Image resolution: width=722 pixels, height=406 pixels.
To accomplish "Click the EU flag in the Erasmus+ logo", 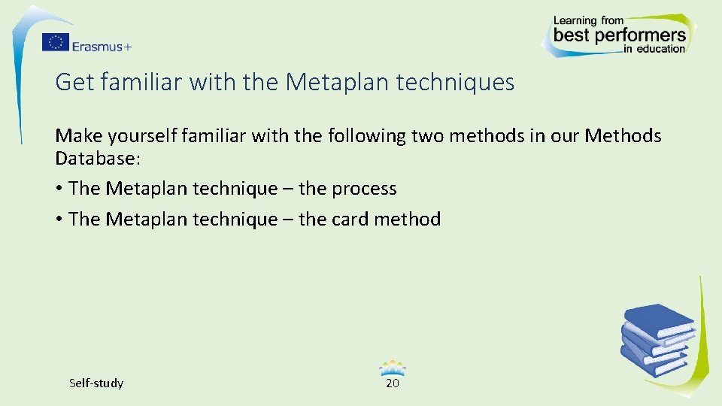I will click(x=55, y=42).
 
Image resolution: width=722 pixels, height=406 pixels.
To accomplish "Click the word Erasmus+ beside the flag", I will click(x=102, y=46).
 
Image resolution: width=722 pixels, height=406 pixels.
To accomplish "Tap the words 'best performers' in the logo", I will click(x=619, y=35).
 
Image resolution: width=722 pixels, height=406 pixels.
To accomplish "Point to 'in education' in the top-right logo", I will click(x=654, y=49).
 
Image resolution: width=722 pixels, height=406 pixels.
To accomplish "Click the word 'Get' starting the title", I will click(x=74, y=82).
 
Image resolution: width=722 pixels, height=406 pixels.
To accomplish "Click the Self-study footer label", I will click(x=96, y=383).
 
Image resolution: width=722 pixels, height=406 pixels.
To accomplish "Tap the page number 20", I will click(x=392, y=383).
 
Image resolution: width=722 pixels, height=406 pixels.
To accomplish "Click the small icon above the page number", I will click(x=393, y=368).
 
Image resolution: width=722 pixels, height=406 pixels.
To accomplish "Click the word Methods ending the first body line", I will click(x=623, y=136).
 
